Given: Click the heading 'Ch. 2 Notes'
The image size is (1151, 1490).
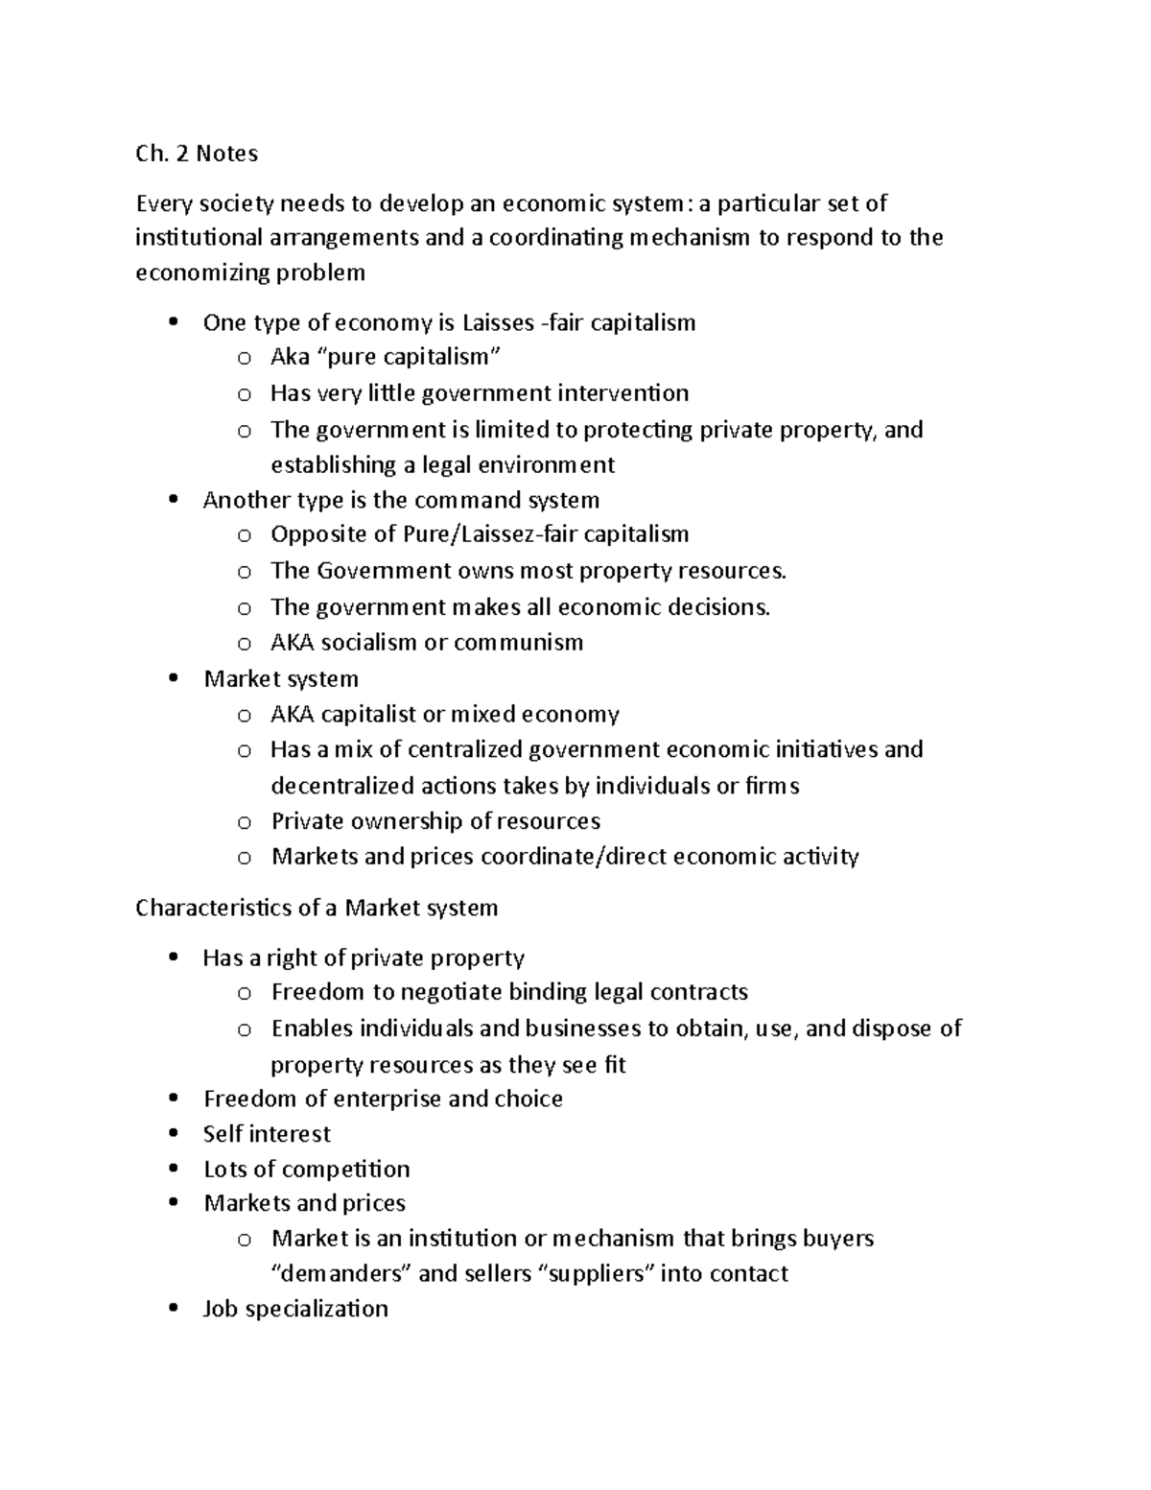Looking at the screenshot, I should [x=197, y=154].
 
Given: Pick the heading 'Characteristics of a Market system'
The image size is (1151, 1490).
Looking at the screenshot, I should [x=317, y=908].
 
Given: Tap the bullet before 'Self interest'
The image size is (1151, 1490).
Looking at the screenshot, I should [x=173, y=1133].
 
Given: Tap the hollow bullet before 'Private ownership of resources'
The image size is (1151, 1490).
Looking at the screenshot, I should [x=244, y=822].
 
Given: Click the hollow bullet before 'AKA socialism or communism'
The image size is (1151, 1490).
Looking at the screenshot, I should [x=244, y=644].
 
